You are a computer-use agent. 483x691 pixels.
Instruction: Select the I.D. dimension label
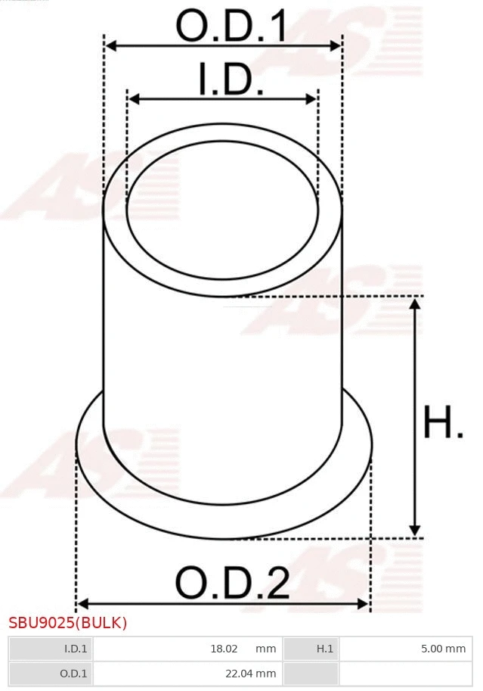(x=231, y=80)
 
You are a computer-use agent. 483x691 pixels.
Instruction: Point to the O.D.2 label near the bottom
(x=232, y=583)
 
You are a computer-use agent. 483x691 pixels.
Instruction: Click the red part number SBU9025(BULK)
(x=68, y=623)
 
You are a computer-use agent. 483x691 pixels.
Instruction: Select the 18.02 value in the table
(x=224, y=649)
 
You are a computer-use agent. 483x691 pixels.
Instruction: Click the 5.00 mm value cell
(x=443, y=649)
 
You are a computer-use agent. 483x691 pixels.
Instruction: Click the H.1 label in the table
(x=324, y=649)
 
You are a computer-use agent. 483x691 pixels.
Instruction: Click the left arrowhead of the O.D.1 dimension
(x=110, y=46)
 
